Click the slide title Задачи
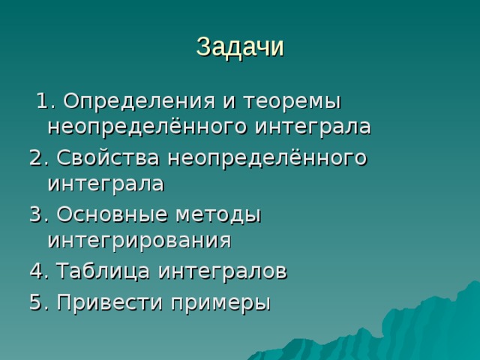[240, 46]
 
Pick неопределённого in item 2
[268, 158]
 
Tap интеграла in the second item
[105, 184]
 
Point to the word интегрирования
[139, 240]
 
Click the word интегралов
[223, 271]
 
